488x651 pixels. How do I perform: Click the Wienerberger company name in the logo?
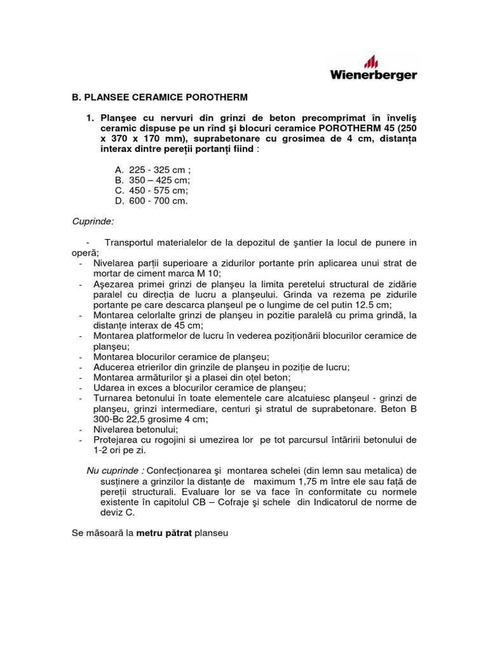pyautogui.click(x=374, y=75)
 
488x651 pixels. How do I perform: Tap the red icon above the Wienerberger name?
pyautogui.click(x=371, y=61)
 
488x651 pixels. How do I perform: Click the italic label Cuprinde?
pyautogui.click(x=93, y=221)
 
